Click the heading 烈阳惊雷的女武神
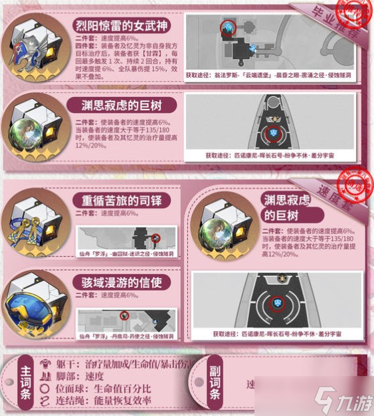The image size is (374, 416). click(x=124, y=26)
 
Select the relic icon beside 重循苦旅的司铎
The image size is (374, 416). click(x=33, y=220)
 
